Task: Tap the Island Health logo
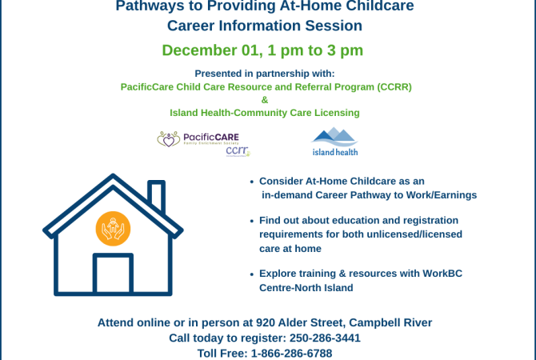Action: point(334,141)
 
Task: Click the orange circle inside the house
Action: point(113,229)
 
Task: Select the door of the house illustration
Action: point(113,274)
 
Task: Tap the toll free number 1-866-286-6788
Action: point(292,353)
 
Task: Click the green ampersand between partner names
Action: point(265,100)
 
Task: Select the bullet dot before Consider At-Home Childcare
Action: point(253,182)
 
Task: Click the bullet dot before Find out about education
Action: point(253,220)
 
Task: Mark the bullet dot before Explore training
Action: point(253,274)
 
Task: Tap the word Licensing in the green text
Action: point(335,113)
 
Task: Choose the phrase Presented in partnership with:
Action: point(265,74)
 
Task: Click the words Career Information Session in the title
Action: point(265,26)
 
